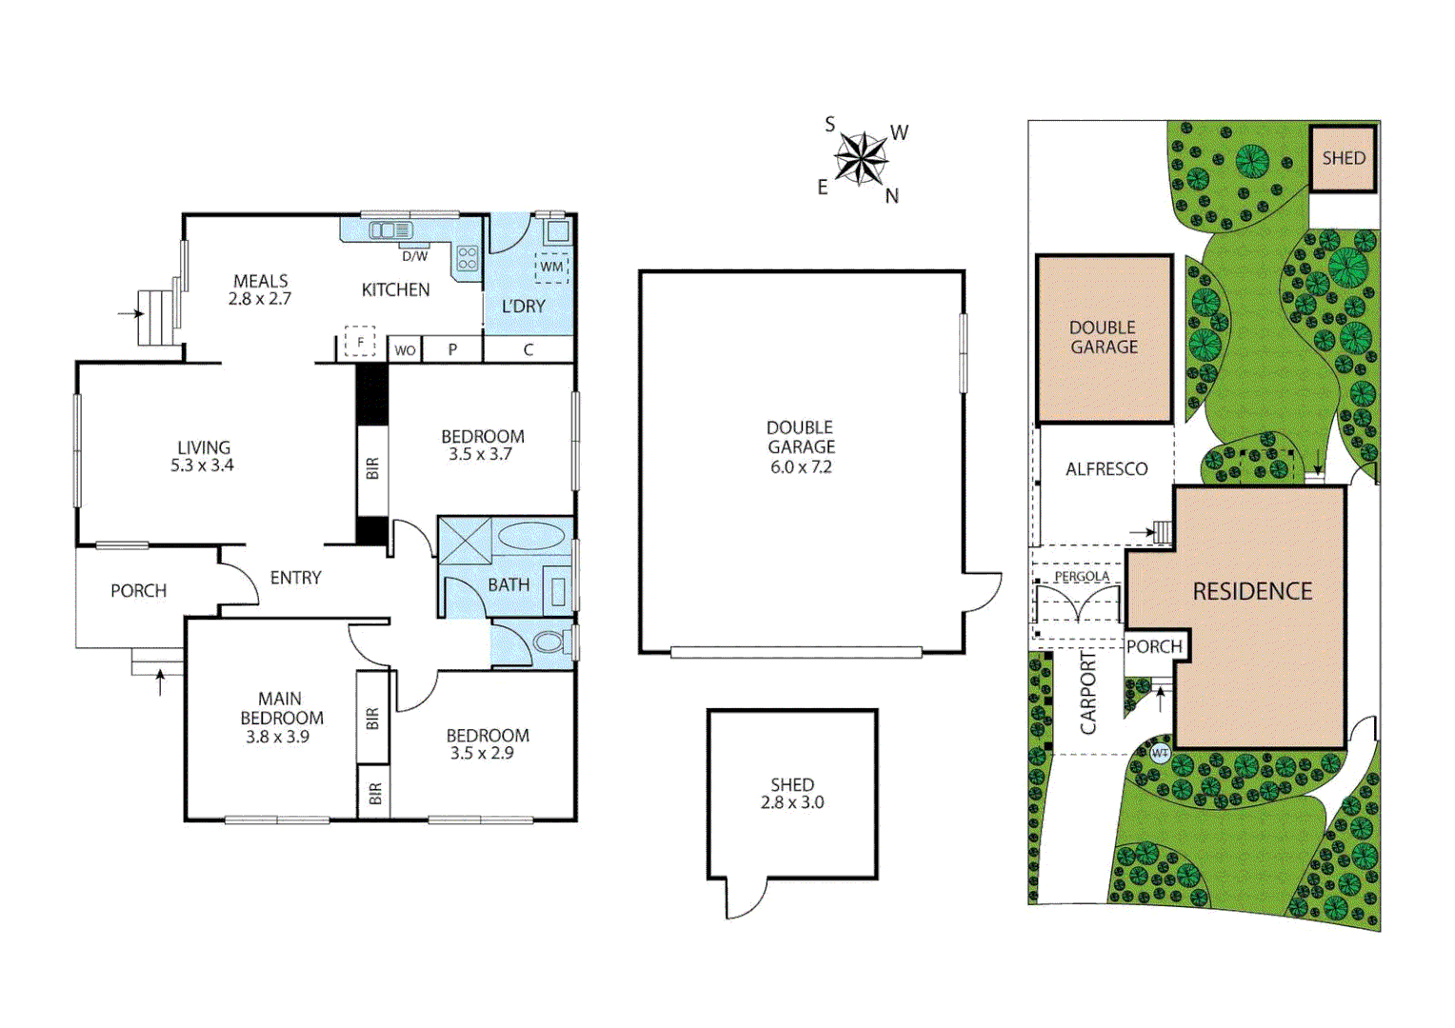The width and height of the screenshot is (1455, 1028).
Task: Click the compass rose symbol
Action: pyautogui.click(x=861, y=158)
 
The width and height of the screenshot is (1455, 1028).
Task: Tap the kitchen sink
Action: pyautogui.click(x=390, y=230)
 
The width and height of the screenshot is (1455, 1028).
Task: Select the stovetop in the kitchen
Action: pyautogui.click(x=468, y=258)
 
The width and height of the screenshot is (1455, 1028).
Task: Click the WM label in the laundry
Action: pyautogui.click(x=552, y=267)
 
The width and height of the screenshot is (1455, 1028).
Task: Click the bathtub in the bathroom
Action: pyautogui.click(x=530, y=535)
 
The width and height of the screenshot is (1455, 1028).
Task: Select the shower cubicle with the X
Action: pyautogui.click(x=465, y=542)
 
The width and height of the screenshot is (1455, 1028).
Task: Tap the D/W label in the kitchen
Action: pyautogui.click(x=415, y=256)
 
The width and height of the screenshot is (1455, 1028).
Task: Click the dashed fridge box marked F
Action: pyautogui.click(x=360, y=342)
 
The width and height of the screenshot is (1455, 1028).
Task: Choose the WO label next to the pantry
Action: pyautogui.click(x=405, y=350)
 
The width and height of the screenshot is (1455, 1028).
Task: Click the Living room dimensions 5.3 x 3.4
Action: pyautogui.click(x=202, y=465)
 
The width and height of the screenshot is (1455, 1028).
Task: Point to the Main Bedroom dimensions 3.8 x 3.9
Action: pyautogui.click(x=277, y=737)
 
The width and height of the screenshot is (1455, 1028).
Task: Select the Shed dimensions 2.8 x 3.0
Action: pyautogui.click(x=792, y=802)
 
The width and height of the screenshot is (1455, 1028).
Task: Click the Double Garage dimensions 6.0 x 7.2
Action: pyautogui.click(x=801, y=467)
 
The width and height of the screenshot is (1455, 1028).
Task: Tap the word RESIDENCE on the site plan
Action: pyautogui.click(x=1252, y=592)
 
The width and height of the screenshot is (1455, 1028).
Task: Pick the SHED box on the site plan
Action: pyautogui.click(x=1344, y=158)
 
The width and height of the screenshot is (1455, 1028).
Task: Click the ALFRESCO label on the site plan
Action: pyautogui.click(x=1106, y=469)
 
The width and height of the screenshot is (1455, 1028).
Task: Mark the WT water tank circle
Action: pyautogui.click(x=1160, y=753)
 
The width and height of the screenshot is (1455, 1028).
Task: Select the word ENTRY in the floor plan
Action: pyautogui.click(x=295, y=578)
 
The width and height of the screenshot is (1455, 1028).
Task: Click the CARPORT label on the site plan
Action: pyautogui.click(x=1087, y=693)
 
